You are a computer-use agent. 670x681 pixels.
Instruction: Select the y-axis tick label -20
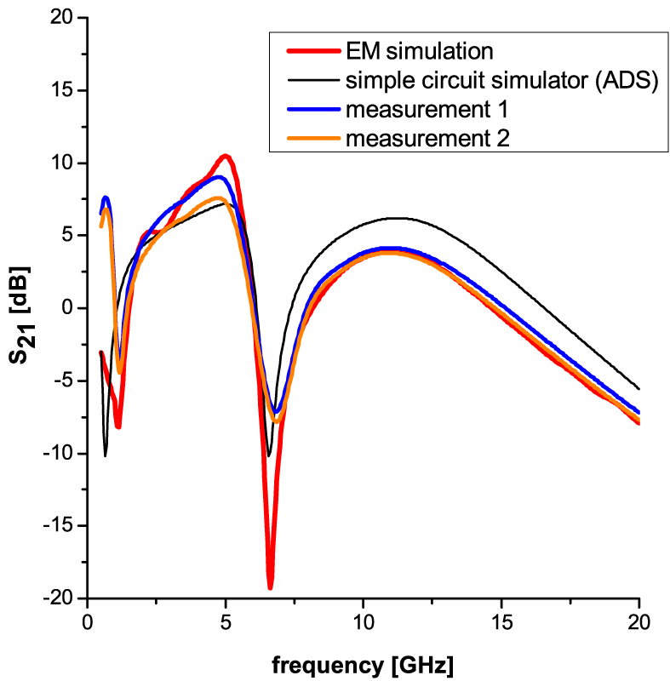(x=56, y=599)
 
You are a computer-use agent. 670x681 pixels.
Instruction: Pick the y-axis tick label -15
(x=56, y=526)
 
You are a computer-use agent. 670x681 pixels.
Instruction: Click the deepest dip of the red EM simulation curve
(x=270, y=587)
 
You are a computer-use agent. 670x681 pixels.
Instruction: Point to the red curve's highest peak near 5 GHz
(x=226, y=156)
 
